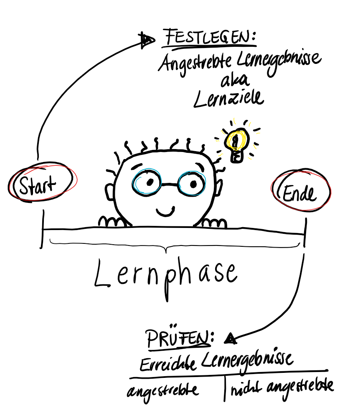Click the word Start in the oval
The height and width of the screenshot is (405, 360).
click(38, 185)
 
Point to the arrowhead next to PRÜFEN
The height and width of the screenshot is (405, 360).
click(229, 339)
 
